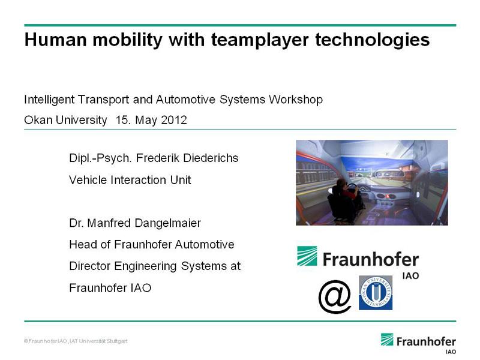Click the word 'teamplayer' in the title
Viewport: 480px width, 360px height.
click(x=260, y=41)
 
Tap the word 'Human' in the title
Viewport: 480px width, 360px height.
click(x=56, y=40)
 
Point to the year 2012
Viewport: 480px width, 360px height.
click(x=174, y=119)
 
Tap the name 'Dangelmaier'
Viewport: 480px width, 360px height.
click(x=168, y=223)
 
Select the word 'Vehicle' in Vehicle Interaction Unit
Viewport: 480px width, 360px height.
click(x=88, y=179)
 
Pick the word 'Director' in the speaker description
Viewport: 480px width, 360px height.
click(x=90, y=266)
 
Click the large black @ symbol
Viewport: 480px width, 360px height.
click(x=335, y=296)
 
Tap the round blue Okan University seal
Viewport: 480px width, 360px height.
click(x=376, y=293)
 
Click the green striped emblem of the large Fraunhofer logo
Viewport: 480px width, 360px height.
click(x=307, y=256)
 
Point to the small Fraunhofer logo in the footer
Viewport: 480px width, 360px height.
click(x=418, y=343)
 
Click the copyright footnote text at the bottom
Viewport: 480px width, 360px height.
click(x=76, y=341)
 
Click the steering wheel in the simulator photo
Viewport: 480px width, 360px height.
click(x=353, y=190)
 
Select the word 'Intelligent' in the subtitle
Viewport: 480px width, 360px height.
click(x=49, y=100)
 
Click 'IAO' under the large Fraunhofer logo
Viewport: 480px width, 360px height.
click(x=410, y=276)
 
